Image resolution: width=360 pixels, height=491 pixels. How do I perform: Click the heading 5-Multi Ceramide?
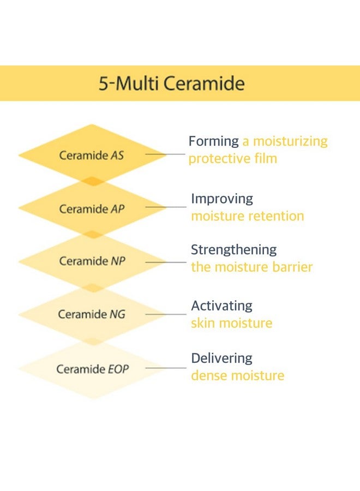pos(171,84)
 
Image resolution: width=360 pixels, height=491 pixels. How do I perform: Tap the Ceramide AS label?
pos(92,155)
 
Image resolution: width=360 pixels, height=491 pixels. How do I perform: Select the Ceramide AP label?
pos(92,209)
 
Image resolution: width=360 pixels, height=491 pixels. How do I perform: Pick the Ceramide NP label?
pos(92,261)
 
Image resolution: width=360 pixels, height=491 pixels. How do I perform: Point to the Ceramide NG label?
pos(91,314)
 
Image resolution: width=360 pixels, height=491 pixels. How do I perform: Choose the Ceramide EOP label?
pos(93,369)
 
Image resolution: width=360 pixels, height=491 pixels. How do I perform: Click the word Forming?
pos(213,142)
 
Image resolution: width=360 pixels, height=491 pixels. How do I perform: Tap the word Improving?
pos(222,199)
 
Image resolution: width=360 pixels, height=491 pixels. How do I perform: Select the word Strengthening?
pos(233,250)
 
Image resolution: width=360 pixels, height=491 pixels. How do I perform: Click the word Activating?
pos(221,306)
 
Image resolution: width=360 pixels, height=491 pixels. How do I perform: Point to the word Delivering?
pos(221,358)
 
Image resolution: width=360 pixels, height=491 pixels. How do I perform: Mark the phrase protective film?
pos(233,159)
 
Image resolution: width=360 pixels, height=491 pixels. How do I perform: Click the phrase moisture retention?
pos(247,216)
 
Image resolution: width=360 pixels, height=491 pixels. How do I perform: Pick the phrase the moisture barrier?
pos(251,267)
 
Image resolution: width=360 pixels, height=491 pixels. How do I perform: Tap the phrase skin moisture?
pos(231,323)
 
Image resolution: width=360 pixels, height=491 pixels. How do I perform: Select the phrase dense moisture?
pos(237,376)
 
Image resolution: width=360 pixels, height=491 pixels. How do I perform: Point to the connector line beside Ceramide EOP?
pos(166,368)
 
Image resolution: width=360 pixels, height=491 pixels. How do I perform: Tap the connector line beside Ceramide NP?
pos(166,262)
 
